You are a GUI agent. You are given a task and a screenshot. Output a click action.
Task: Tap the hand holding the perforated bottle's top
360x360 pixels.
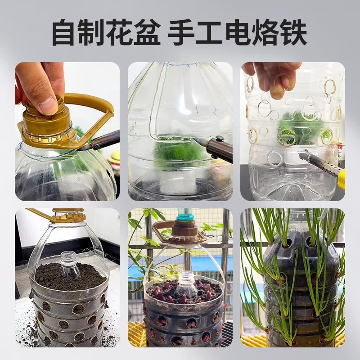[274, 76]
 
